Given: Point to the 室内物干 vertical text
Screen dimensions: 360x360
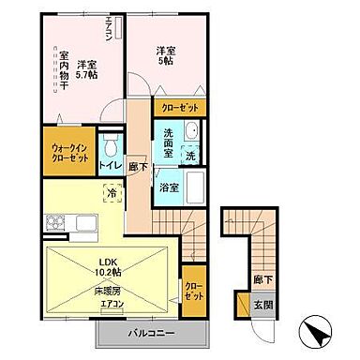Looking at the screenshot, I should (x=65, y=74).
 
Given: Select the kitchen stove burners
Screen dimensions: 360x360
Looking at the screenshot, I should (x=52, y=223).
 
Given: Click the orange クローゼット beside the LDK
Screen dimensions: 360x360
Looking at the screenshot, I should (x=193, y=291).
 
